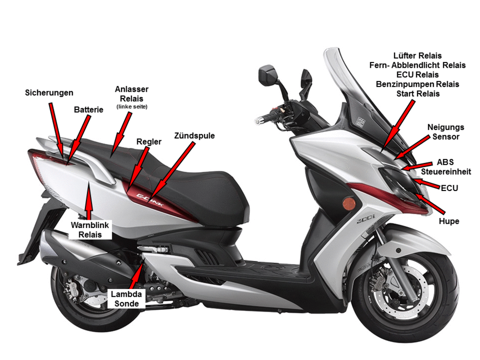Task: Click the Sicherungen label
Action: (49, 93)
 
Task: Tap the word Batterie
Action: (88, 109)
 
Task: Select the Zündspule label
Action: (194, 136)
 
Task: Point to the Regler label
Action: (149, 142)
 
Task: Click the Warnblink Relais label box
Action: (90, 229)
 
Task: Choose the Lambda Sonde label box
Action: (126, 299)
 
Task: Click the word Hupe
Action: (449, 221)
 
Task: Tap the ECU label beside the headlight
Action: (449, 188)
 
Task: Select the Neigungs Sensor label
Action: (446, 132)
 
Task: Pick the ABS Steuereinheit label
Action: (446, 167)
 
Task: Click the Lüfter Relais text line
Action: (418, 56)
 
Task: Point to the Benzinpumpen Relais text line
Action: (418, 84)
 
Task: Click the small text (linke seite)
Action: (132, 107)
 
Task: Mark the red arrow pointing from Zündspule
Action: (171, 172)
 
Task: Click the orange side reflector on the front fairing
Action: (348, 203)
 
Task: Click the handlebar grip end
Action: (257, 121)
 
